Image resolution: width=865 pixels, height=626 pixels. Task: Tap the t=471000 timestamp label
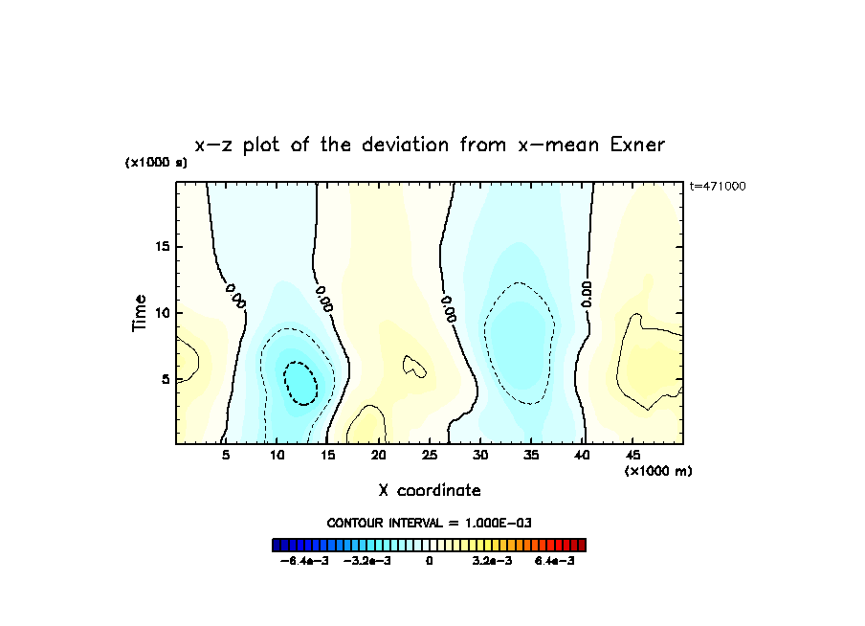[x=717, y=186]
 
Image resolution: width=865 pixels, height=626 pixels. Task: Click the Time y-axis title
[x=140, y=313]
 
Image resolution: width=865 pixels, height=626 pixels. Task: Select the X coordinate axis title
[x=430, y=490]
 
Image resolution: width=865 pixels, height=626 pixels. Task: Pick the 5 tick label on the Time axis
[x=163, y=379]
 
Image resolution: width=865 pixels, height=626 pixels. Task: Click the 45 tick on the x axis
[x=632, y=455]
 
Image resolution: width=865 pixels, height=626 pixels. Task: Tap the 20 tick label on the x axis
[x=379, y=455]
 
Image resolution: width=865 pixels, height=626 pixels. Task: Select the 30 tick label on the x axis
[x=480, y=455]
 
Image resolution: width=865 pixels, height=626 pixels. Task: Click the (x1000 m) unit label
[x=657, y=471]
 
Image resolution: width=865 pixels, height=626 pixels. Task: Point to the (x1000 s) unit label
[x=156, y=163]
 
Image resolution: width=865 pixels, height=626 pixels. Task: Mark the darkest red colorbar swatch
[x=581, y=545]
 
